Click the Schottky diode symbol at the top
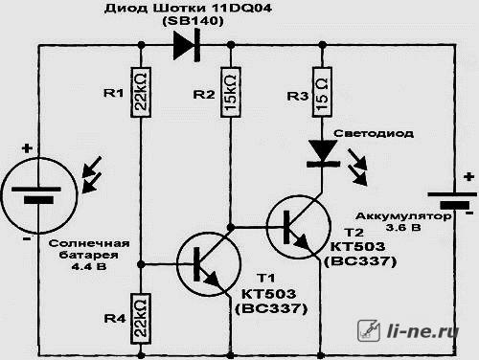[x=187, y=45]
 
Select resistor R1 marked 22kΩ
[x=141, y=92]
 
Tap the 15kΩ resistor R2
[x=231, y=92]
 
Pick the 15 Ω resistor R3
[x=322, y=92]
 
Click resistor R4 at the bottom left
[x=141, y=319]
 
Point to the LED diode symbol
[x=323, y=154]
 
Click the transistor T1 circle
[x=209, y=264]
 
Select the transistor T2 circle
[x=298, y=227]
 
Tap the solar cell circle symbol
[x=39, y=194]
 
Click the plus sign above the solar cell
[x=27, y=148]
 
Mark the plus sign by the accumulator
[x=468, y=176]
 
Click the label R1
[x=114, y=93]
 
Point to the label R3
[x=298, y=96]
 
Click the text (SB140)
[x=194, y=21]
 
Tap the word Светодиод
[x=374, y=133]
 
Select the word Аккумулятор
[x=403, y=216]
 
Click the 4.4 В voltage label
[x=89, y=266]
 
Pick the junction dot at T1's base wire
[x=141, y=264]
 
